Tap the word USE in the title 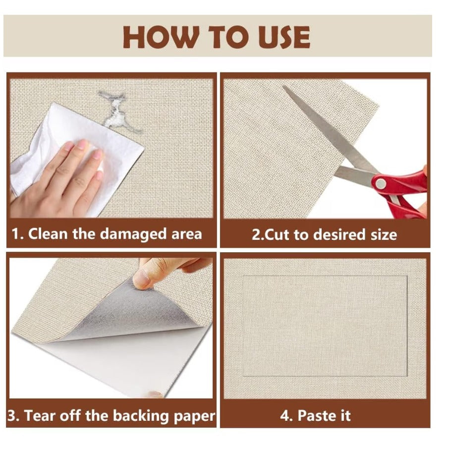[x=283, y=37]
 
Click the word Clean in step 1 [x=48, y=233]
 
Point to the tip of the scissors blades [x=283, y=86]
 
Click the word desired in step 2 [x=339, y=234]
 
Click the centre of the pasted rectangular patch [x=325, y=326]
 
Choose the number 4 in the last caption [x=285, y=416]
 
